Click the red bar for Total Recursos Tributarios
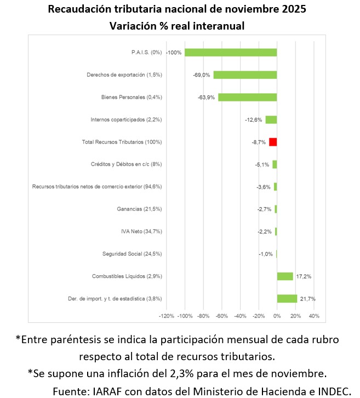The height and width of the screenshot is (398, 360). pyautogui.click(x=273, y=142)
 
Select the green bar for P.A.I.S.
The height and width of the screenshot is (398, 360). pyautogui.click(x=231, y=53)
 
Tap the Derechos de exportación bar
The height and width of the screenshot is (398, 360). pyautogui.click(x=245, y=75)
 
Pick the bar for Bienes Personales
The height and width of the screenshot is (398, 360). pyautogui.click(x=247, y=97)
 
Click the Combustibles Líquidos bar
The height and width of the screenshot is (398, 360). pyautogui.click(x=285, y=276)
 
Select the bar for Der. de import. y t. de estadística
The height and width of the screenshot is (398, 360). pyautogui.click(x=287, y=299)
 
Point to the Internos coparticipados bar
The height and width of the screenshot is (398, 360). pyautogui.click(x=271, y=120)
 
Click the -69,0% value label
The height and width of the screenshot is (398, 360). pyautogui.click(x=201, y=75)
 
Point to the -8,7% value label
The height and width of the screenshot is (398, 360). pyautogui.click(x=258, y=142)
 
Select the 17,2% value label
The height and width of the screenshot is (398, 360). pyautogui.click(x=304, y=276)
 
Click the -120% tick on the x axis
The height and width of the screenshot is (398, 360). pyautogui.click(x=166, y=316)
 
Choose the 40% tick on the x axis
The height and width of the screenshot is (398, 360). pyautogui.click(x=314, y=316)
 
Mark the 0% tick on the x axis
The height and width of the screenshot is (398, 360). pyautogui.click(x=277, y=316)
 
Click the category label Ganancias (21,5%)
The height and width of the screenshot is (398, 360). pyautogui.click(x=140, y=209)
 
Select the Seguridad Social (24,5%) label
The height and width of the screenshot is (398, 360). pyautogui.click(x=132, y=254)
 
